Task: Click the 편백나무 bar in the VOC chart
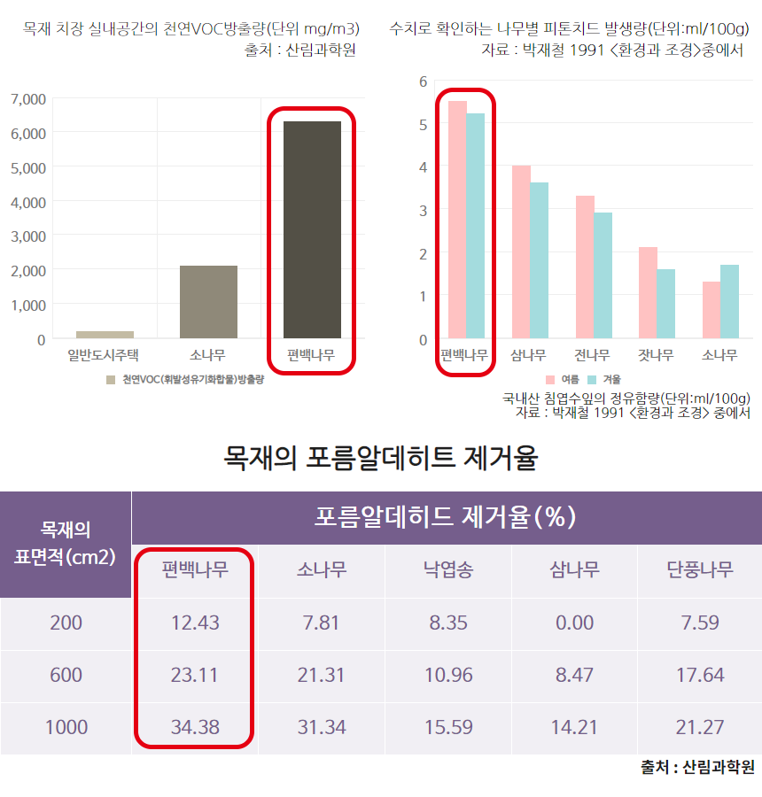(312, 229)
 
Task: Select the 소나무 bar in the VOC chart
(208, 301)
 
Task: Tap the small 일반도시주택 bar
(105, 334)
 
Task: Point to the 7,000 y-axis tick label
(28, 98)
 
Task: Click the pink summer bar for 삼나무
(521, 251)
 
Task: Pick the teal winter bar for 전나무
(603, 275)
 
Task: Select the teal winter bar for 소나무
(729, 301)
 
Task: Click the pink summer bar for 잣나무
(648, 292)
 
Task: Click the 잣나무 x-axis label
(656, 356)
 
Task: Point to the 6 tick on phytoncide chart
(424, 81)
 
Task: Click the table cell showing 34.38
(195, 727)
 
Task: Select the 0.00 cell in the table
(574, 623)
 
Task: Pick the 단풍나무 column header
(700, 569)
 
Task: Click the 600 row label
(66, 675)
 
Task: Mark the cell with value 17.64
(700, 675)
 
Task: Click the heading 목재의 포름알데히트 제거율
(381, 458)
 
